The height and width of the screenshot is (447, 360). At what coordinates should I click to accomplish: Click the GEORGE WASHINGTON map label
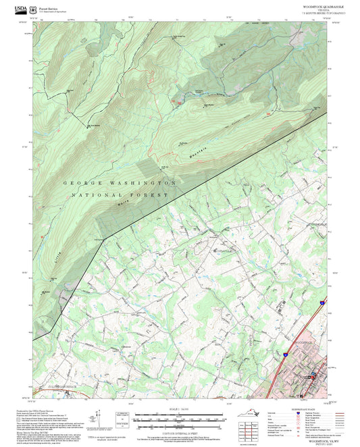click(x=120, y=182)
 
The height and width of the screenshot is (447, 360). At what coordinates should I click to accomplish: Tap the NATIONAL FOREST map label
click(x=121, y=194)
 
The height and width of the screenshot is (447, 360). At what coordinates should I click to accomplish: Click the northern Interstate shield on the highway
click(x=322, y=304)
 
